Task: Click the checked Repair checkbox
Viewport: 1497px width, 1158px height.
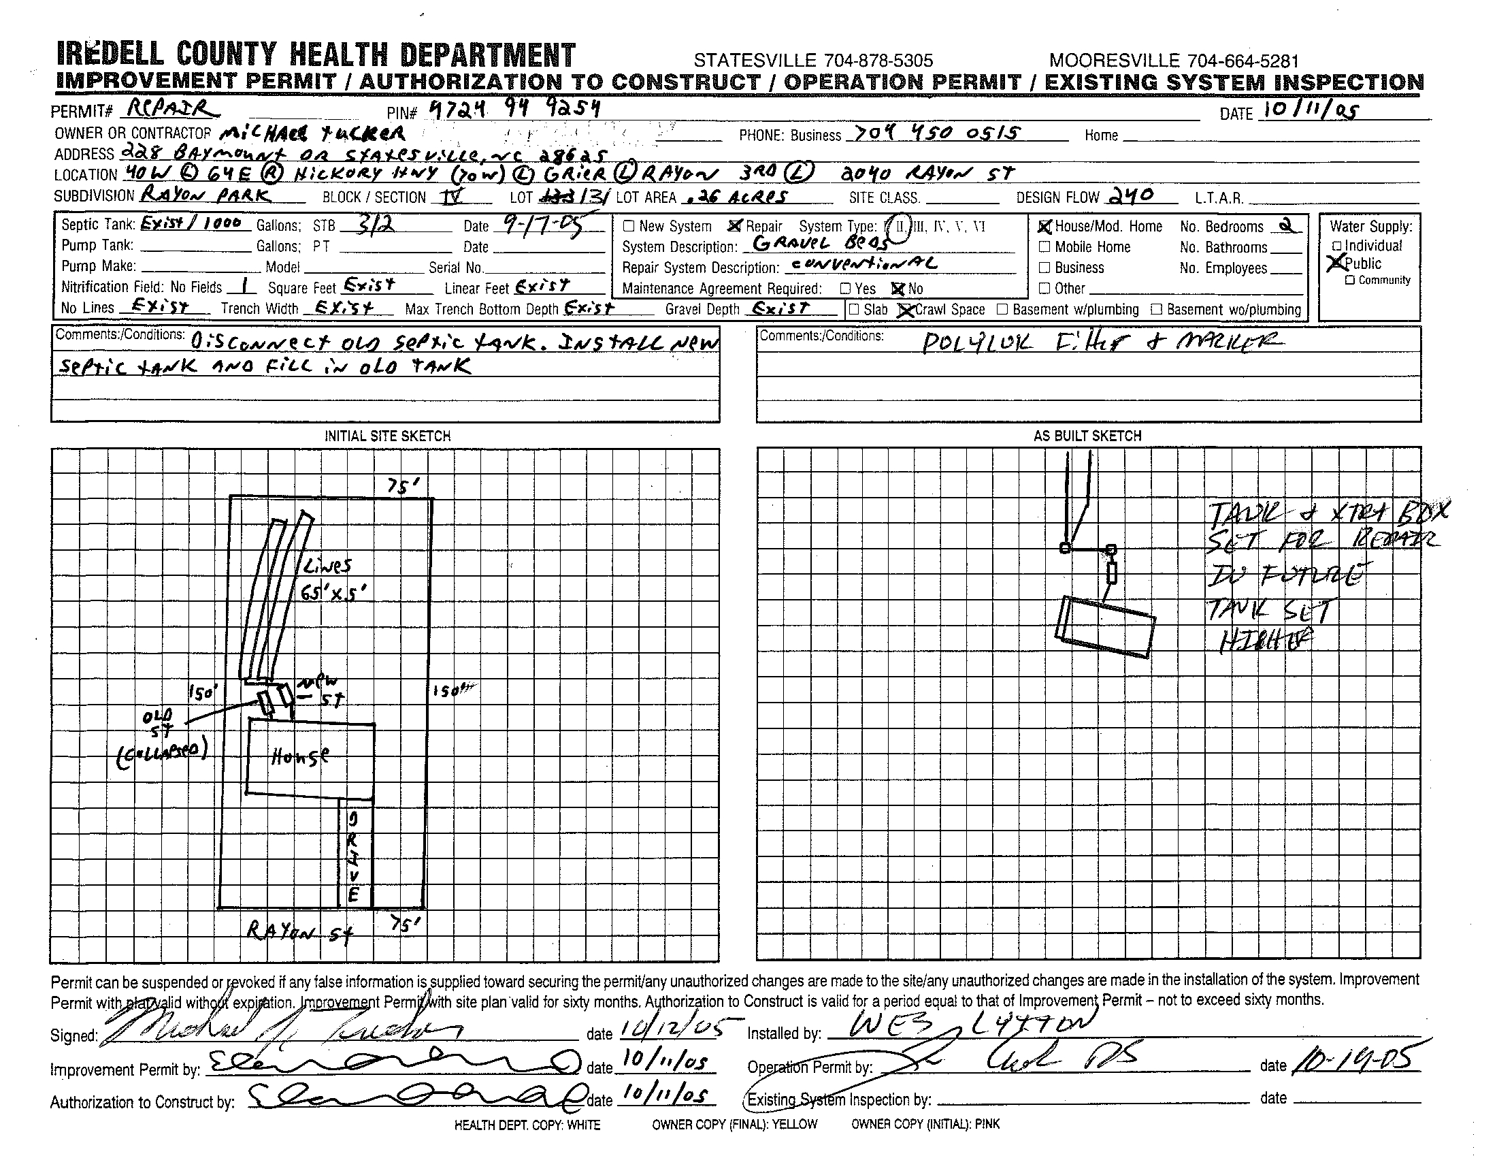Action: (735, 225)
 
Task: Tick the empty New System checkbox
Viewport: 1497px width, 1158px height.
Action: (629, 226)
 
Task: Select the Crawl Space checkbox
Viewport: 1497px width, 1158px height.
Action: (906, 310)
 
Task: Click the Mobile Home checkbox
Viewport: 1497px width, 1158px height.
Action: (1044, 247)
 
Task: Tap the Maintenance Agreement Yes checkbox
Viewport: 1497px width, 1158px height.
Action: (845, 289)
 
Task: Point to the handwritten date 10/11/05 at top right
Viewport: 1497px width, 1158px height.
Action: (1310, 110)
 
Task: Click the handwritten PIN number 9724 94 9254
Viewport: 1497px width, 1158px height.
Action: (513, 108)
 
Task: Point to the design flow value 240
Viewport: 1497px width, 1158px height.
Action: (1130, 196)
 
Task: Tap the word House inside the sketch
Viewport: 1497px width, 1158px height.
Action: (299, 756)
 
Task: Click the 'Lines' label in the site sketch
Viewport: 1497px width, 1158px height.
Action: (326, 566)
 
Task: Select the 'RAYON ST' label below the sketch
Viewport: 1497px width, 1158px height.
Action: (299, 932)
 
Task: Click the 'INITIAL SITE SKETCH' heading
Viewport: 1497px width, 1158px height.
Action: (387, 436)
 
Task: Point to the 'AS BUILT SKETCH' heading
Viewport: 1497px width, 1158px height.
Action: (1088, 436)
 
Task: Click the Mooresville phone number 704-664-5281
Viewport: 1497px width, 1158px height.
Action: (1174, 61)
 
